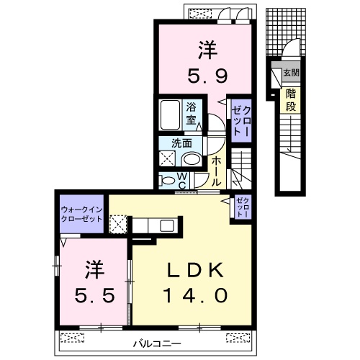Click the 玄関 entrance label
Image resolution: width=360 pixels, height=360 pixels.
(292, 73)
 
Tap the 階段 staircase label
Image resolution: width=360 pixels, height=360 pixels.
(291, 100)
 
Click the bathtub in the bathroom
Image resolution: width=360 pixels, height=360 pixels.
(170, 115)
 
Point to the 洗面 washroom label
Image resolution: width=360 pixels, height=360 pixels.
(181, 143)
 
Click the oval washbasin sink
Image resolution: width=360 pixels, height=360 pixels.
(192, 159)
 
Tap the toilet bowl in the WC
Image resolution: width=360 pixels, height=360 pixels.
(168, 180)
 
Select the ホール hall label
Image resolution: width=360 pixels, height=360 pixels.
(216, 171)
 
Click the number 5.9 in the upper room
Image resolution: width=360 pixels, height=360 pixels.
(207, 76)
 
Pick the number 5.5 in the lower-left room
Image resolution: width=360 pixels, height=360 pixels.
(94, 295)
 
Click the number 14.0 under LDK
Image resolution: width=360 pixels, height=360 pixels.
(195, 295)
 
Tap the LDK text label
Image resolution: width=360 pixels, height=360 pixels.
(195, 270)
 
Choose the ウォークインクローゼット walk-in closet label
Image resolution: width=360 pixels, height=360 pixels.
(81, 215)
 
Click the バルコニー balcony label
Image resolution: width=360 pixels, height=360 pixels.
(157, 344)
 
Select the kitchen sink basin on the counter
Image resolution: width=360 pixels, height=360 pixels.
(167, 225)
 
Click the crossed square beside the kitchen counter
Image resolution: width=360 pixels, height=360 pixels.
(118, 224)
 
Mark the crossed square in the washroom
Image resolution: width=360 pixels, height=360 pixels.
(168, 158)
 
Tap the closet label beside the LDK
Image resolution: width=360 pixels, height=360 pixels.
(243, 207)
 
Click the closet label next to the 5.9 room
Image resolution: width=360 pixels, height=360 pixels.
(241, 121)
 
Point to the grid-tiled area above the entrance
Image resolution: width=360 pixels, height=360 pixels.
(286, 32)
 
